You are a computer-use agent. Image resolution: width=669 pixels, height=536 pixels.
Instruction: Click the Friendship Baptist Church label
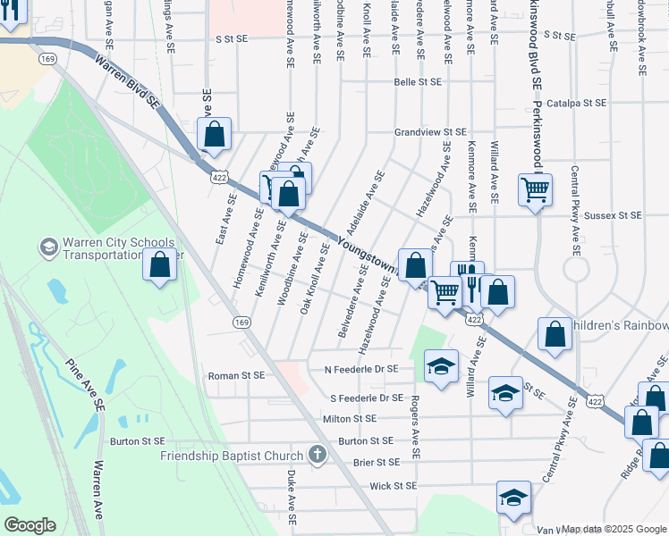(233, 456)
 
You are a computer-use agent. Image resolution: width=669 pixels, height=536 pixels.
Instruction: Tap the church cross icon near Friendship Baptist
(317, 456)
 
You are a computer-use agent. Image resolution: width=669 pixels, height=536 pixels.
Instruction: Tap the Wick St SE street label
(394, 486)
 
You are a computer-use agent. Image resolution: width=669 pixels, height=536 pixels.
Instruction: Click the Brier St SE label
(376, 463)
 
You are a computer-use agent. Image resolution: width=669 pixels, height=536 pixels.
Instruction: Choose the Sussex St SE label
(613, 215)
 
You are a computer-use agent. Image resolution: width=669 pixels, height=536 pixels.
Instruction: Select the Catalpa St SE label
(577, 103)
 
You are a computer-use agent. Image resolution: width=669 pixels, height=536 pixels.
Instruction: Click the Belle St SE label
(419, 82)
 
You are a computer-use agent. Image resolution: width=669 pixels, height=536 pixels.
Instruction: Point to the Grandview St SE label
(431, 132)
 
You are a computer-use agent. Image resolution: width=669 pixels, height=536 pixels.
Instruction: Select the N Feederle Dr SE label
(362, 368)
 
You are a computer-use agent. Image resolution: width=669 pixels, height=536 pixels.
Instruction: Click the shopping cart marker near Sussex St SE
(535, 188)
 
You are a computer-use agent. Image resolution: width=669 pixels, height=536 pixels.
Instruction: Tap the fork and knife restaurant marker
(466, 275)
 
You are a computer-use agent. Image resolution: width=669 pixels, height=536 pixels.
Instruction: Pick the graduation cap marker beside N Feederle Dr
(440, 367)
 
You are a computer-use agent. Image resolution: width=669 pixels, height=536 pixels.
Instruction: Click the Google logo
(30, 525)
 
